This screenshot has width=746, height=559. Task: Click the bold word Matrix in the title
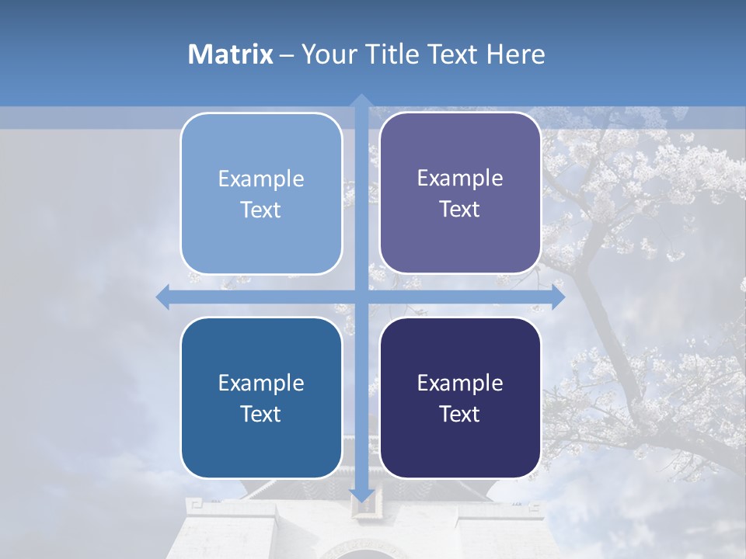click(x=230, y=54)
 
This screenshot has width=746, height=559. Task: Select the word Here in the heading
click(x=515, y=54)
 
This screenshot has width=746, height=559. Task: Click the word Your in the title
click(x=326, y=54)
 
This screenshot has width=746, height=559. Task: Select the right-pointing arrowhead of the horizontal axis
click(x=558, y=297)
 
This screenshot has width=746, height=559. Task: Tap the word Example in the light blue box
click(x=261, y=179)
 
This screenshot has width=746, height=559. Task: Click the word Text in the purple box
click(x=460, y=210)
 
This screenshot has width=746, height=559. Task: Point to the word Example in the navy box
click(x=460, y=383)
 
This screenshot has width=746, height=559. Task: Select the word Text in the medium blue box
click(x=261, y=414)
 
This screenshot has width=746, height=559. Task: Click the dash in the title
click(x=287, y=55)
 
